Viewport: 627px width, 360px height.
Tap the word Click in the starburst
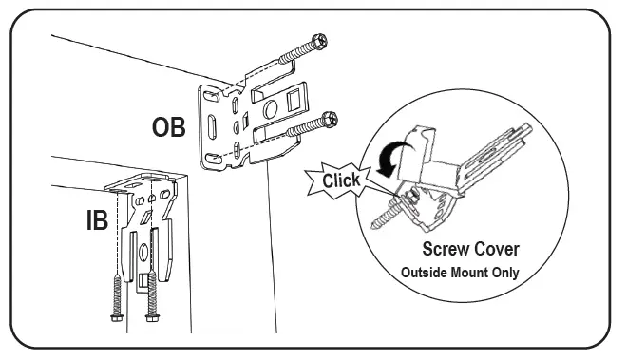point(340,180)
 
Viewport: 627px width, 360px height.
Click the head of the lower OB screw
point(331,119)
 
